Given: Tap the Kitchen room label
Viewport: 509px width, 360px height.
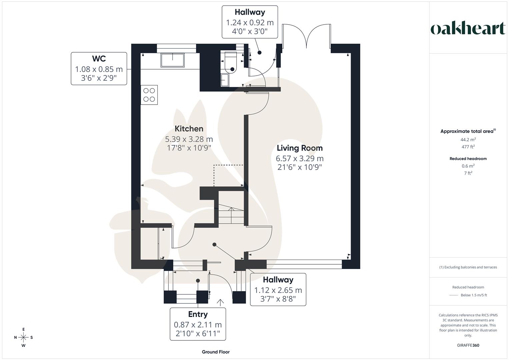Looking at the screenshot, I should coord(189,129).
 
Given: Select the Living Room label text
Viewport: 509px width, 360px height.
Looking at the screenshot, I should coord(299,148).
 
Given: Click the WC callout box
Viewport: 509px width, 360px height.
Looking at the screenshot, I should coord(99,68).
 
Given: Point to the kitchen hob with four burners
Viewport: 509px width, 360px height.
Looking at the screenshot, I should coord(149,95).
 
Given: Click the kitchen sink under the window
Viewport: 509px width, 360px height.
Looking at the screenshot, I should coord(172,60).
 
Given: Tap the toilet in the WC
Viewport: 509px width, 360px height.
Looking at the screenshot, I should coord(230,64).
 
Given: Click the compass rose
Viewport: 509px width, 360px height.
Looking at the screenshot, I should coord(23,337).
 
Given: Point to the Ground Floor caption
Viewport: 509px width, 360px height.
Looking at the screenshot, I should coord(216,352).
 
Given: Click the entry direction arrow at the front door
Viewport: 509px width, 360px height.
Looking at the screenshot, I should coord(220,302).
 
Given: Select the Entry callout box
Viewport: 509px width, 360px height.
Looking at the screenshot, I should coord(198,324).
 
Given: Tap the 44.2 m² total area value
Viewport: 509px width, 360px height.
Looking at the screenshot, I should coord(468,140).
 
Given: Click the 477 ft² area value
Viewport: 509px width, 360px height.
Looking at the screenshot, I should coord(468,147).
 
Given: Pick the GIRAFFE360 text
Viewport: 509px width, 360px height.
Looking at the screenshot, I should coord(468,345).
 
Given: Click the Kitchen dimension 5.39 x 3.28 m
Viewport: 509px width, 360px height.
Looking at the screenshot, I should coord(189,139).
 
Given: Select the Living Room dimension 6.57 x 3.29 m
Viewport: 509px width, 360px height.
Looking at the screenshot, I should coord(299,158).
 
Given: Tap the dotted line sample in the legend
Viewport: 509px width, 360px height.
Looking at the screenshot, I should coord(453,295).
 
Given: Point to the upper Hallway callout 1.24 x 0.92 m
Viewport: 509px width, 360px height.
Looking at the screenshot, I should coord(250,22).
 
